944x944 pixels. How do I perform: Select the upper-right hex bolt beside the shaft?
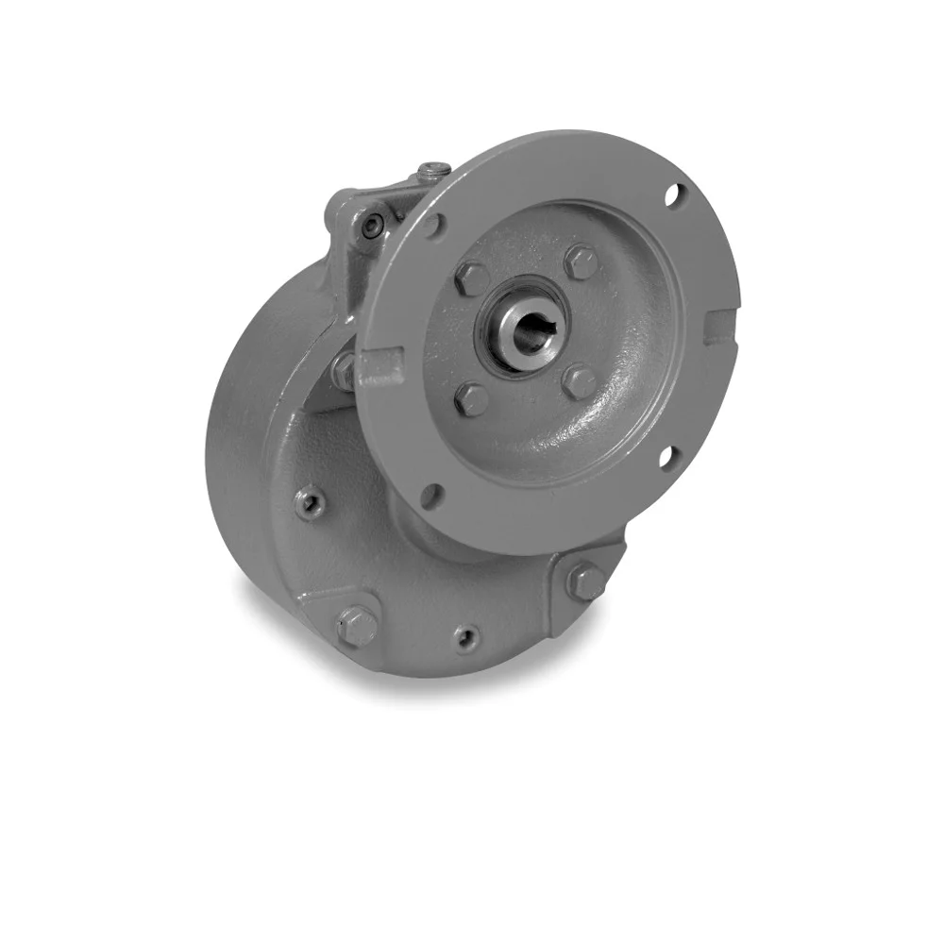[581, 261]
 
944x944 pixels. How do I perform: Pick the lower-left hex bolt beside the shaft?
[471, 398]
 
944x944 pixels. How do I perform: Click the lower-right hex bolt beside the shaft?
[580, 381]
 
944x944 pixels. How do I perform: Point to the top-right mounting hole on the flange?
[672, 197]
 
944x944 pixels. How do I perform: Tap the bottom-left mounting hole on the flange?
[433, 495]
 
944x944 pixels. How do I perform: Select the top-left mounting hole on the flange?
[432, 226]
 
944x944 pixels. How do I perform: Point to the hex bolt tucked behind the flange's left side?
[344, 370]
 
